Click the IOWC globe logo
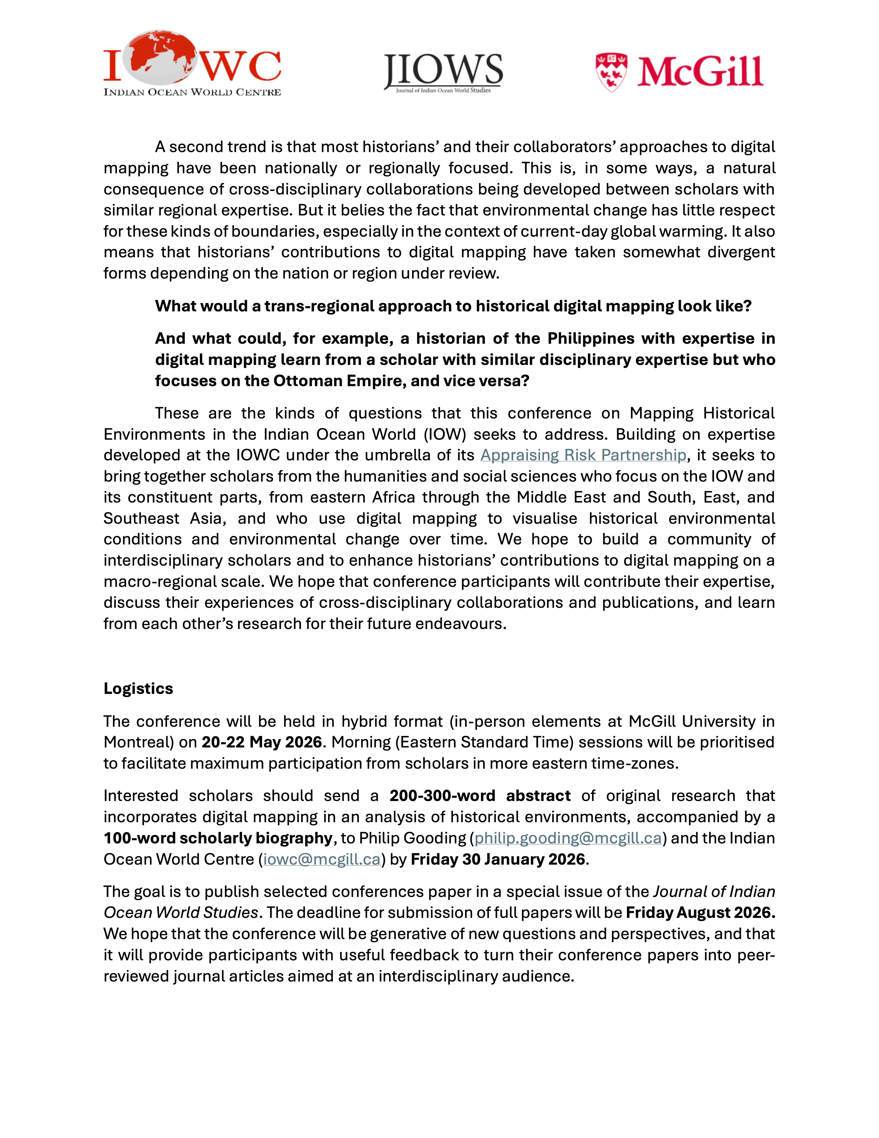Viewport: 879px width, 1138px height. (159, 57)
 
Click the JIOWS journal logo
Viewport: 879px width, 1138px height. (443, 73)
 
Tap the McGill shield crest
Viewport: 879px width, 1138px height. (611, 72)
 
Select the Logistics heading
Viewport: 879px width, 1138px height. (138, 688)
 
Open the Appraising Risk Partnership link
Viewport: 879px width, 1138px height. (583, 455)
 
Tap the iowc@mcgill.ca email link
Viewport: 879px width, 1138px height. (322, 859)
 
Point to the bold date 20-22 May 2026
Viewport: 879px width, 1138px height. (262, 742)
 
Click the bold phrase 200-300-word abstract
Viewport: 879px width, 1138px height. (480, 796)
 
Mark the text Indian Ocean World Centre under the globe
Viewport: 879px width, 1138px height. (192, 92)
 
